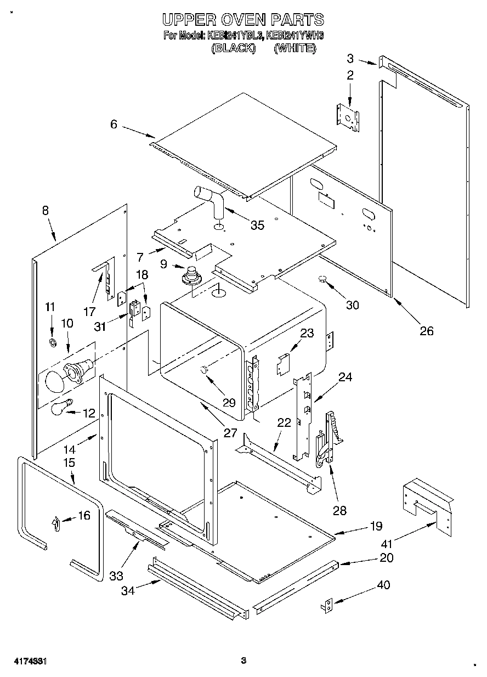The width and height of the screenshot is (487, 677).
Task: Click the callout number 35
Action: (x=257, y=225)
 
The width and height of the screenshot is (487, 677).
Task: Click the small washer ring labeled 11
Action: (x=53, y=343)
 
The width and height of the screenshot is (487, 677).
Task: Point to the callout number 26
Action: (x=426, y=330)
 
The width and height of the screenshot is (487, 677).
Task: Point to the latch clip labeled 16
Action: (x=55, y=524)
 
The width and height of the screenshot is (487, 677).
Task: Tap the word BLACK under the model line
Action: (x=234, y=48)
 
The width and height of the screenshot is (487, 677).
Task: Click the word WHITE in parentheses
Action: (x=295, y=48)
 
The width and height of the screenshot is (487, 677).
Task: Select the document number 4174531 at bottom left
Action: (x=26, y=661)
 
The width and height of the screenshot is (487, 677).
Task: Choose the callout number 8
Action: (x=45, y=210)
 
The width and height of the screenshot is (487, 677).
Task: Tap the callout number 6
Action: (x=114, y=125)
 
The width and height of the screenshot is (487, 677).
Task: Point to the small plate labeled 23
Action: (x=283, y=363)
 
